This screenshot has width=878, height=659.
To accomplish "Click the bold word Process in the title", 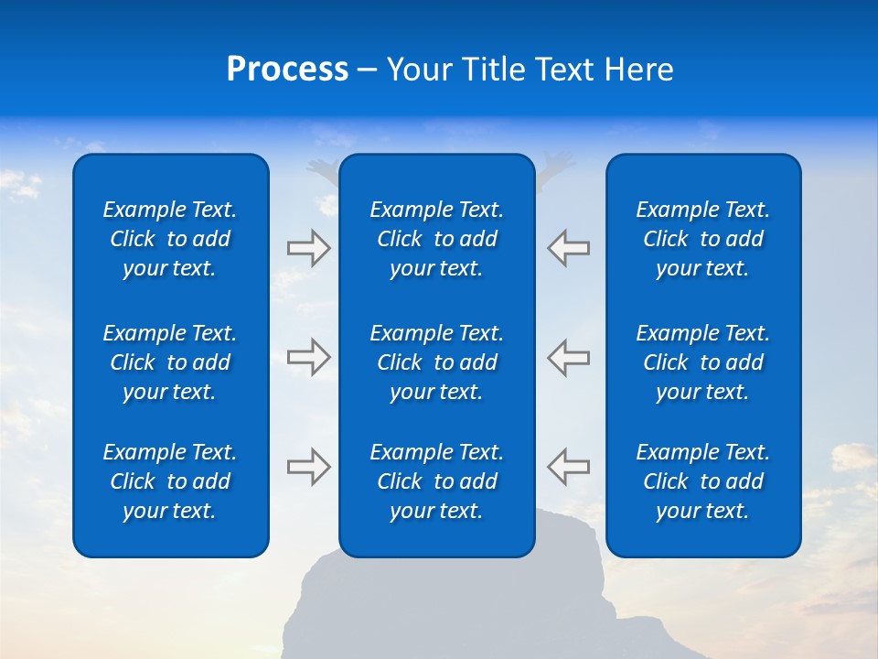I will [287, 70].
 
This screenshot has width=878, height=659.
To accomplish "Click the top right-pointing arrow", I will [309, 248].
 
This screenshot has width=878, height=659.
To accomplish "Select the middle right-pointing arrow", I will [309, 357].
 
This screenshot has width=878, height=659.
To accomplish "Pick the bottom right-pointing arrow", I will [309, 467].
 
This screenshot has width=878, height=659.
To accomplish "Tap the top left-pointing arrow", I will [569, 248].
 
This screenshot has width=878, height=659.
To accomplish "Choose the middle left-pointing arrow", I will [569, 357].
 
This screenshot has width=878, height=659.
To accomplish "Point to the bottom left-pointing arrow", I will [569, 467].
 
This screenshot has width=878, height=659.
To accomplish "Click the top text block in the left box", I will [170, 239].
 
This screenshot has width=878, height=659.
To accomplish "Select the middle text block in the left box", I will [170, 362].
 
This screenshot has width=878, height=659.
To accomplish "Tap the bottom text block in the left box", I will [170, 481].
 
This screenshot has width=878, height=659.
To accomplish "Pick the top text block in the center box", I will [437, 239].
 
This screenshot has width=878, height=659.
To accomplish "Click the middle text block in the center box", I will [437, 362].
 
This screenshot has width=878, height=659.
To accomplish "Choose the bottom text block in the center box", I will [437, 481].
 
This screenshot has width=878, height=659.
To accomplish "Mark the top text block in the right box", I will [703, 239].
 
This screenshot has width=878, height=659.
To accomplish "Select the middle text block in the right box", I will [703, 362].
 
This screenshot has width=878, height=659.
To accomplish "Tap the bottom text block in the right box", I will [703, 481].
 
